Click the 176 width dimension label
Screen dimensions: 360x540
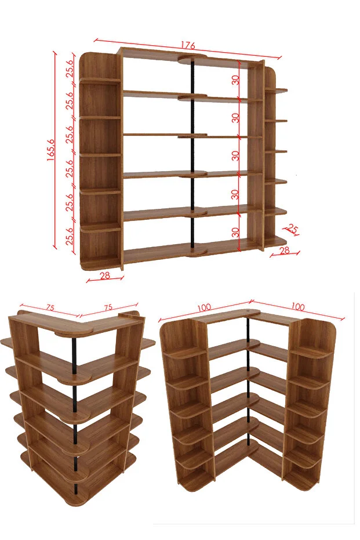[x=188, y=45]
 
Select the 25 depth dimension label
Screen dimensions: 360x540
[x=292, y=229]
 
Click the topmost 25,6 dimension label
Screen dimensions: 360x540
[x=70, y=68]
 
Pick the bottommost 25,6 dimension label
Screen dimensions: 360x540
[x=70, y=236]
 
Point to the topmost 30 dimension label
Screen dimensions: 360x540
[x=235, y=80]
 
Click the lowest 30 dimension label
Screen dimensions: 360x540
[x=235, y=232]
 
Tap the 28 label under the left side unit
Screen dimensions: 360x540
[x=104, y=275]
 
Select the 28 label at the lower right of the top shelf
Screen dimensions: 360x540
[x=284, y=251]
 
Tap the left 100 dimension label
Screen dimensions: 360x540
[x=204, y=307]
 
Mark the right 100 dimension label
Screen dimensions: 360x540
[x=298, y=306]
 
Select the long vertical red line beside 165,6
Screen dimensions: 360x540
[x=54, y=150]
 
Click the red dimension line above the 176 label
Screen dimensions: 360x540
[x=188, y=49]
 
